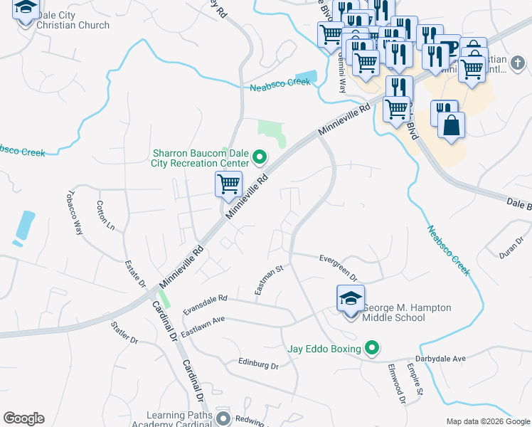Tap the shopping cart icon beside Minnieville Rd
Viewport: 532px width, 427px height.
point(228,184)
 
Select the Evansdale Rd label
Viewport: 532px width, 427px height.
point(205,305)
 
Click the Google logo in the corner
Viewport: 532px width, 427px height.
point(23,418)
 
